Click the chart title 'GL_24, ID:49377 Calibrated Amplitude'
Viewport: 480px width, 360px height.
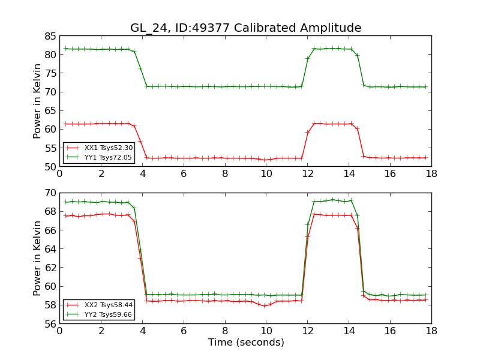click(x=245, y=28)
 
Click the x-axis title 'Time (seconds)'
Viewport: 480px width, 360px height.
click(x=245, y=343)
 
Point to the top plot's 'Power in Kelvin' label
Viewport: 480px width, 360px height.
click(x=37, y=101)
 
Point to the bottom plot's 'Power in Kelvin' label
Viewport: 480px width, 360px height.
click(x=37, y=258)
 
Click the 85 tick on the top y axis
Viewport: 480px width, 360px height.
click(x=49, y=36)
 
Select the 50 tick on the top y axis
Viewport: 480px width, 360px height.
click(x=49, y=166)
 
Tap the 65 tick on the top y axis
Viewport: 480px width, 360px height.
click(x=49, y=110)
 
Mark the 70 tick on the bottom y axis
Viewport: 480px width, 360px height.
click(x=49, y=193)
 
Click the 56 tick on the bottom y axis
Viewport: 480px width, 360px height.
click(x=49, y=323)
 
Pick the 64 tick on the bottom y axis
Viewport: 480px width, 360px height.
click(x=49, y=249)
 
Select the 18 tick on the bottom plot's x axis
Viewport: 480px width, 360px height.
click(x=431, y=331)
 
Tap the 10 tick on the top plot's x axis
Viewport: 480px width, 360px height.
click(x=266, y=173)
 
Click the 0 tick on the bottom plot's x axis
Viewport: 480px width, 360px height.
click(x=59, y=331)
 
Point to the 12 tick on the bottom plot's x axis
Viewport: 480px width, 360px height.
click(x=307, y=331)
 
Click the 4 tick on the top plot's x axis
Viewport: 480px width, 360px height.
click(x=142, y=173)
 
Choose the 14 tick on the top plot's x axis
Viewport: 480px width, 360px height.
click(x=349, y=173)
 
